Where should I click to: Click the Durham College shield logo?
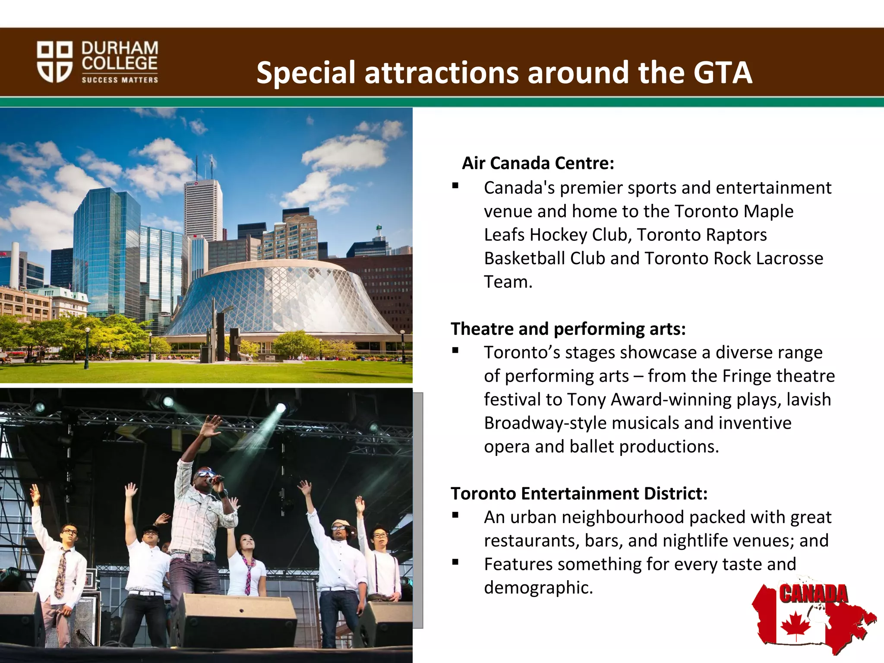(54, 62)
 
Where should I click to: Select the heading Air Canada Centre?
(538, 163)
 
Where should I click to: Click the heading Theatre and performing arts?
(568, 329)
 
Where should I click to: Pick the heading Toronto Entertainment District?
(579, 493)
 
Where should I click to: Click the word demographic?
(538, 587)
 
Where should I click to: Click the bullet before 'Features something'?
(455, 562)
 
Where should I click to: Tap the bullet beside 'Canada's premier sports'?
(455, 186)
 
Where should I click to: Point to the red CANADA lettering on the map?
(813, 594)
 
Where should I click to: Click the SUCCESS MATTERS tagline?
(120, 80)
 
